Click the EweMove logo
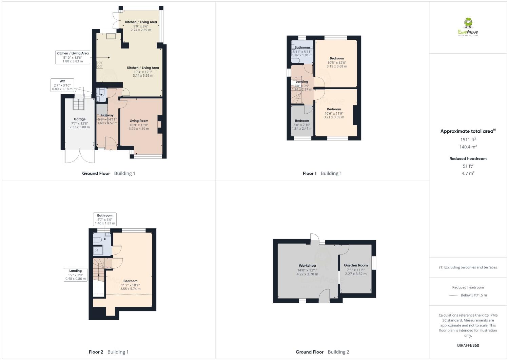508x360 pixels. click(468, 27)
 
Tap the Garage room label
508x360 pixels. click(80, 119)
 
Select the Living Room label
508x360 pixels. click(139, 121)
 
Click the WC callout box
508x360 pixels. click(62, 85)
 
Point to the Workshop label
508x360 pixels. click(307, 266)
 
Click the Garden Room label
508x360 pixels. click(356, 265)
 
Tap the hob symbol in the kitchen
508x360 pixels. click(100, 64)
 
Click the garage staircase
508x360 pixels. click(79, 104)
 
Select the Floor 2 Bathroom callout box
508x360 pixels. click(105, 219)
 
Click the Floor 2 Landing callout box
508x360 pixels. click(75, 275)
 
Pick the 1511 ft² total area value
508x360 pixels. click(468, 139)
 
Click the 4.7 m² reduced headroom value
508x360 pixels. click(468, 173)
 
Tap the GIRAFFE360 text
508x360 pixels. click(468, 345)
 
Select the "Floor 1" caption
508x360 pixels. click(309, 173)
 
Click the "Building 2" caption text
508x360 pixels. click(338, 352)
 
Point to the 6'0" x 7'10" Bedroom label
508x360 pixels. click(302, 121)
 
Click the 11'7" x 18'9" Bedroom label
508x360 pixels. click(130, 281)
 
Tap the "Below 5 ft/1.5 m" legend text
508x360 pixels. click(473, 295)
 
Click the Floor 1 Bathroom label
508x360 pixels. click(302, 48)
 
